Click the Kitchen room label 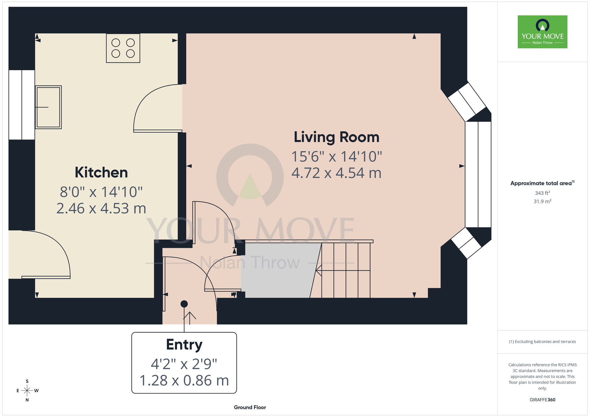coord(101,173)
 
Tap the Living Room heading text coord(337,137)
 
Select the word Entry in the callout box coord(184,345)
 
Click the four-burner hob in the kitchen coord(123,48)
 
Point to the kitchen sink coord(48,107)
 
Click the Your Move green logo coord(543,32)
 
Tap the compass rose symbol coord(27,391)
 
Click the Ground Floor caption coord(250,407)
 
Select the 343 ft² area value coord(543,193)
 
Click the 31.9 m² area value coord(543,201)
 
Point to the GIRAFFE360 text coord(543,400)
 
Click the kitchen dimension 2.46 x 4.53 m coord(101,209)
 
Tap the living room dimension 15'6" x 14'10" coord(337,156)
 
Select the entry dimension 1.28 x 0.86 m coord(184,380)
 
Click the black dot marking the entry coord(184,304)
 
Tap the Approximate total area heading coord(543,183)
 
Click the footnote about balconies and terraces coord(543,342)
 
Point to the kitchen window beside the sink coord(22,105)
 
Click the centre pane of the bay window coord(478,174)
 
